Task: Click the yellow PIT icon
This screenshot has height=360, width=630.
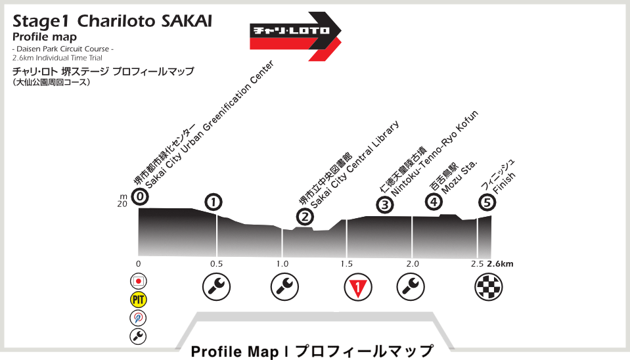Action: (138, 300)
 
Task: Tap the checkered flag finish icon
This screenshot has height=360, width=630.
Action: (488, 286)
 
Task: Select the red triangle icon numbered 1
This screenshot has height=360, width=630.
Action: (358, 286)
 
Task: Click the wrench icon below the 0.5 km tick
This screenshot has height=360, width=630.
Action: (217, 286)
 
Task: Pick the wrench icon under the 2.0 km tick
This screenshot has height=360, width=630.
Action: (411, 286)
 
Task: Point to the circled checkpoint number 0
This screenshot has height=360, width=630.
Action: (139, 196)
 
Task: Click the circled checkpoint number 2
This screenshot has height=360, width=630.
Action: (304, 216)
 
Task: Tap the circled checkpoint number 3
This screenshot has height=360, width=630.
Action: (385, 206)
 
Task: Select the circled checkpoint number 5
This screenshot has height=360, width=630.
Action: (486, 202)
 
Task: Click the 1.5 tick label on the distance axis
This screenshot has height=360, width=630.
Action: (347, 264)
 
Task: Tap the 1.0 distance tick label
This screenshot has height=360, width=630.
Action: (282, 264)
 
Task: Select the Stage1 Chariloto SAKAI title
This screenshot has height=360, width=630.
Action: (112, 21)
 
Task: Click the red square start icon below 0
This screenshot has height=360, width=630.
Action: (138, 281)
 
